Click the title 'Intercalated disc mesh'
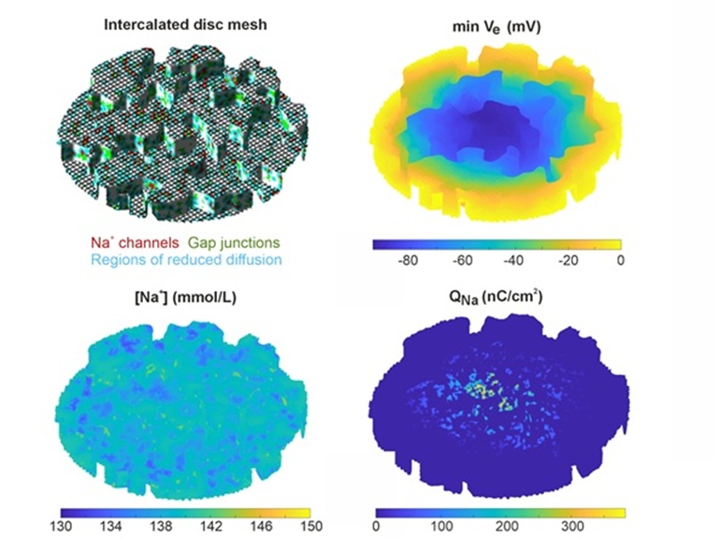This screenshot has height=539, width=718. [185, 24]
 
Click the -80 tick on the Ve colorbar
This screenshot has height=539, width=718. [407, 262]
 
